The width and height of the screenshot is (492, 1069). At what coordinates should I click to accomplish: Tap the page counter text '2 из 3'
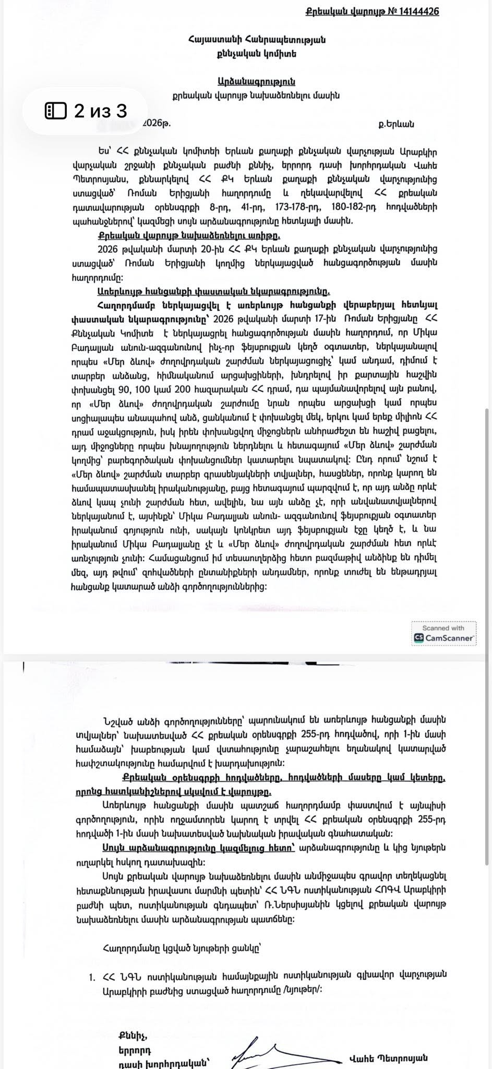[101, 111]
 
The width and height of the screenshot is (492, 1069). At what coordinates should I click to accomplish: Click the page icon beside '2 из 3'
[56, 111]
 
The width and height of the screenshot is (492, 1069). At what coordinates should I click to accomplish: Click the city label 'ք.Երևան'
[396, 124]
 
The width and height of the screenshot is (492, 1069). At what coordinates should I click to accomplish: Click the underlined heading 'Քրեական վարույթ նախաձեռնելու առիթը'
[189, 234]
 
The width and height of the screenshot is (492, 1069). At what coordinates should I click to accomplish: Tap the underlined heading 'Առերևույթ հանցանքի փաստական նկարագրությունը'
[213, 291]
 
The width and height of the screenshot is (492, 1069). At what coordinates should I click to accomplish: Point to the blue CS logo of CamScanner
[418, 637]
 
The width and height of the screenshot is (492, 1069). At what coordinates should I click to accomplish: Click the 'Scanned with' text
[443, 628]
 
